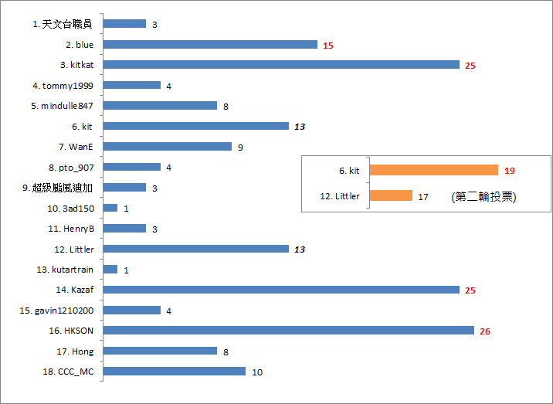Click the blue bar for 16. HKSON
(288, 331)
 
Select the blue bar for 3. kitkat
(281, 65)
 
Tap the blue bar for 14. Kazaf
(281, 290)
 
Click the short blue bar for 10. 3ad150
(110, 208)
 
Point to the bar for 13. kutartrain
(110, 269)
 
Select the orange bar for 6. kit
(434, 170)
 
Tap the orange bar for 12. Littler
(391, 196)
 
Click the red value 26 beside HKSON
(485, 331)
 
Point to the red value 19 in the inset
(509, 171)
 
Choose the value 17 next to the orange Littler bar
(423, 197)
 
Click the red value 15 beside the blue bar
(328, 46)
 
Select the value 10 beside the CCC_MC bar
(257, 372)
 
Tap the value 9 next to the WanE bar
(241, 147)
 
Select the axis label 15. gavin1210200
(56, 311)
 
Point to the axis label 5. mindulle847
(62, 106)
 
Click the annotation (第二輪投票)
(483, 197)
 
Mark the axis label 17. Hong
(76, 351)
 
